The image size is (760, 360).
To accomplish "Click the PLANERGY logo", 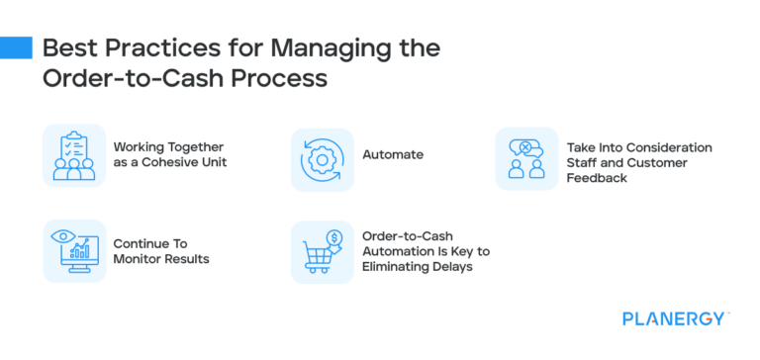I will pyautogui.click(x=676, y=318).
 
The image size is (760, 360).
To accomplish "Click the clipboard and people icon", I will pyautogui.click(x=73, y=155).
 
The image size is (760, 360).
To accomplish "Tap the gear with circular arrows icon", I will pyautogui.click(x=322, y=157).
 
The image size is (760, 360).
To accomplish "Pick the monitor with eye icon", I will pyautogui.click(x=73, y=250).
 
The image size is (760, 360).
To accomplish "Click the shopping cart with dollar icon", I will pyautogui.click(x=322, y=250).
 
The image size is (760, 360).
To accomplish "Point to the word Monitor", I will pyautogui.click(x=135, y=259).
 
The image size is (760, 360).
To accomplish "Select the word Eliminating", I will pyautogui.click(x=400, y=267).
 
